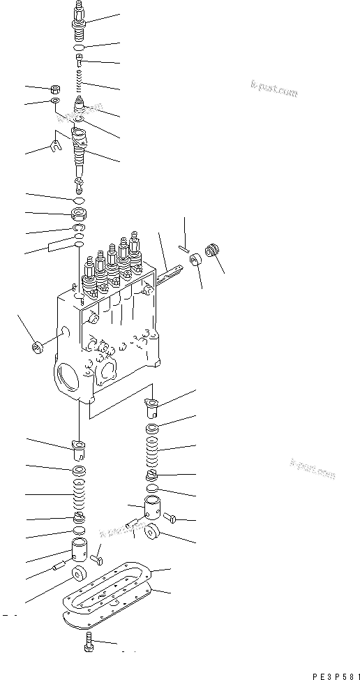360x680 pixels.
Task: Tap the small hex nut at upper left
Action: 54,90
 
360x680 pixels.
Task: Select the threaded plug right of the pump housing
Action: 214,252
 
